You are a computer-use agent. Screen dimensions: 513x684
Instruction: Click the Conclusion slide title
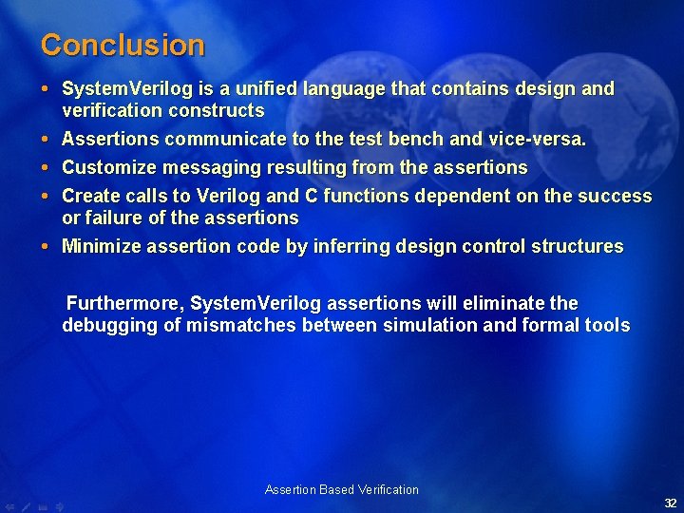pos(123,45)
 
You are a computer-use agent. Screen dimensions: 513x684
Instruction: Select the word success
pos(617,197)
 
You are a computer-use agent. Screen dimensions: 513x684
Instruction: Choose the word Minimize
pos(100,247)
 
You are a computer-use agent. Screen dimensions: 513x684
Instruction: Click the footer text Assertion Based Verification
pos(341,490)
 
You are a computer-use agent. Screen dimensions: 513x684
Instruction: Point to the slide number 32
pos(670,503)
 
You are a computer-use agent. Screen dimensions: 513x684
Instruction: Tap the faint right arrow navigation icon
pos(59,506)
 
